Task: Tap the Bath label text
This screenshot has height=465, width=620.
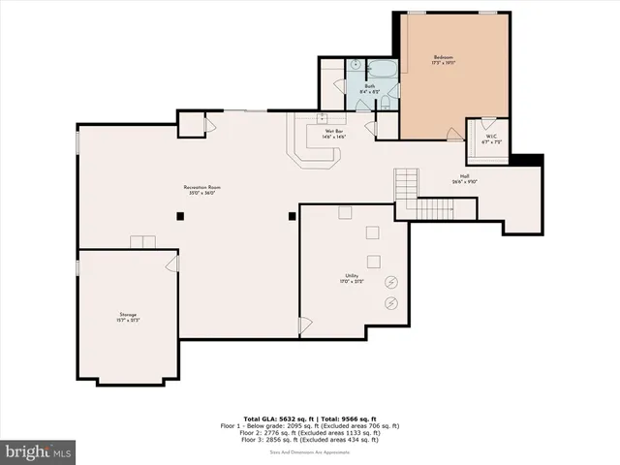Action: point(369,86)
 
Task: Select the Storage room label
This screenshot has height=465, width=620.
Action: point(128,317)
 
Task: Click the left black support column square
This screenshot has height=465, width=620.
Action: point(180,217)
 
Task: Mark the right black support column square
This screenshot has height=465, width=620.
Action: point(291,217)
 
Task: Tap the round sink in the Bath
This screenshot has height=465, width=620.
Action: point(356,66)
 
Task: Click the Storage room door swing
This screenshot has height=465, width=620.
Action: point(172,262)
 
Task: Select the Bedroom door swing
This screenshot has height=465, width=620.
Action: point(454,136)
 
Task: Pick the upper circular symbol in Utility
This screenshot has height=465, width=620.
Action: point(390,282)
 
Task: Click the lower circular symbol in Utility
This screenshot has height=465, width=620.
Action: point(390,303)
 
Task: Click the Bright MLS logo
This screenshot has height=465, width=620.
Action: point(39,451)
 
